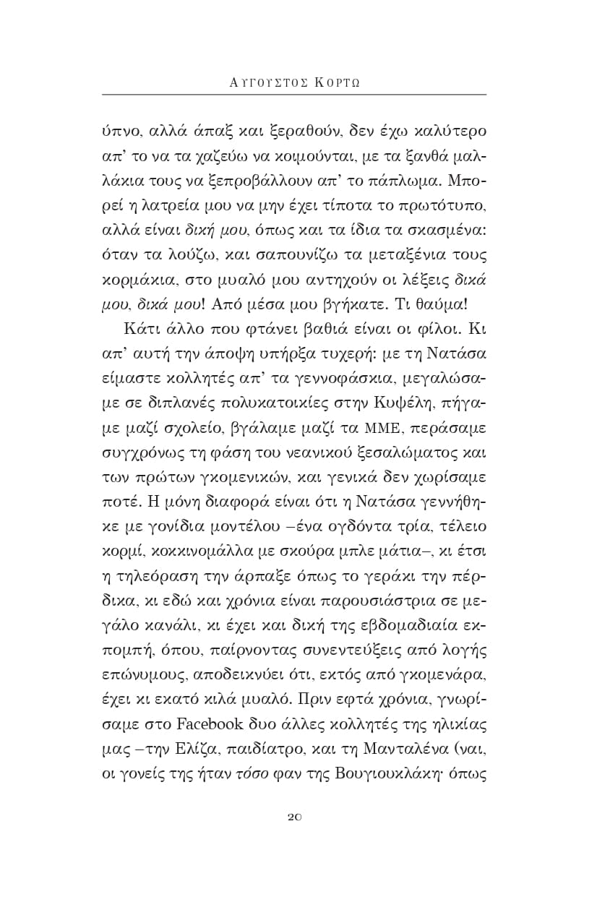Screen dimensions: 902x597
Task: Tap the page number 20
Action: pos(294,817)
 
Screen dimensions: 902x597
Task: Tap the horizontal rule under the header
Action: pos(294,95)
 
